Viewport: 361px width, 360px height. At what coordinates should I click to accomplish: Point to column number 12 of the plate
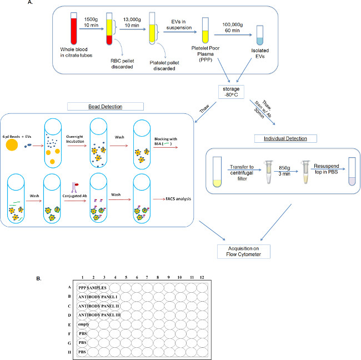point(201,277)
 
